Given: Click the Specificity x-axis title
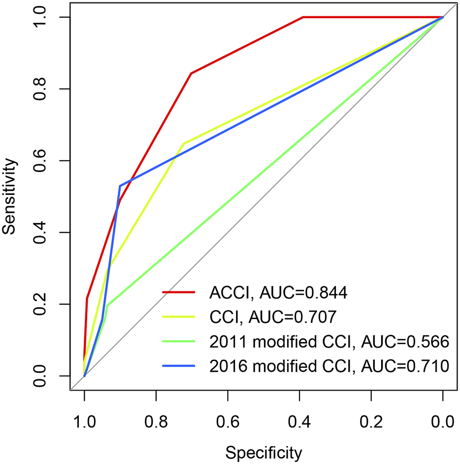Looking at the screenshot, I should [x=263, y=451].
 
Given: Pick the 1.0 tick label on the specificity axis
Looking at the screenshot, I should [x=84, y=422].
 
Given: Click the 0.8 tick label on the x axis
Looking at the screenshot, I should [x=156, y=422].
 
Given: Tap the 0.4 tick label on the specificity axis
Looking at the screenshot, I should [x=299, y=422].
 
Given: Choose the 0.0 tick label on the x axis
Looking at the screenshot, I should [x=442, y=422].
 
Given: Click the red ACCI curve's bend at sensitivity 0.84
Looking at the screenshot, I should [x=191, y=73].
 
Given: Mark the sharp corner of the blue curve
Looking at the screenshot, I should [x=120, y=186].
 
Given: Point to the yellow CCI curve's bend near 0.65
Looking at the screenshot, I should [x=183, y=144].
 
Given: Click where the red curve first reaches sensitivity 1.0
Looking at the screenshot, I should [x=302, y=17].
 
